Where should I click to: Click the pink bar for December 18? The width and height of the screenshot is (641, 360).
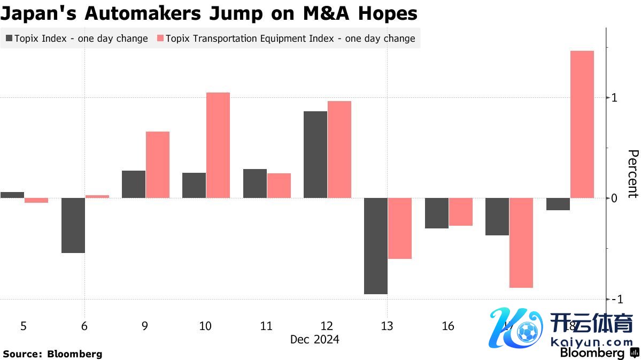click(x=582, y=124)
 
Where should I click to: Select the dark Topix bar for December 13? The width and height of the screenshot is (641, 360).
click(x=375, y=246)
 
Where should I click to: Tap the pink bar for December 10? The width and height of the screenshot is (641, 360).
click(x=218, y=145)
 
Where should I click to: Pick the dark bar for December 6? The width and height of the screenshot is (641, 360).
click(x=73, y=225)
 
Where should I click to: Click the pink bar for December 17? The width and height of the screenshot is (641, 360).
click(x=521, y=243)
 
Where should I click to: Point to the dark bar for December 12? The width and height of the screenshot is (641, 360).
click(x=315, y=155)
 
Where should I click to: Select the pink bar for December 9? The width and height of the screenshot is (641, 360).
click(x=157, y=165)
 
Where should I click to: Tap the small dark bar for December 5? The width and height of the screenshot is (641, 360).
click(x=12, y=195)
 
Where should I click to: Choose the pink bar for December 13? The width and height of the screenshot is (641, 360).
click(x=400, y=228)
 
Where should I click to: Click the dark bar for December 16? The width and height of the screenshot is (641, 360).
click(x=436, y=213)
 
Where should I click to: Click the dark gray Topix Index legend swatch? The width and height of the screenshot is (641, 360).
click(x=9, y=39)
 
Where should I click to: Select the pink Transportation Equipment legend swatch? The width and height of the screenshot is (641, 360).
click(x=159, y=39)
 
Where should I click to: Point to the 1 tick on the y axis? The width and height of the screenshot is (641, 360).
click(x=614, y=98)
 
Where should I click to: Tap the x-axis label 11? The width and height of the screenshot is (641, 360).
click(x=266, y=326)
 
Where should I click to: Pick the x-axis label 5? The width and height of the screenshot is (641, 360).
click(x=24, y=326)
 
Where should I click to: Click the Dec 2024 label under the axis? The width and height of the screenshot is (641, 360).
click(x=314, y=340)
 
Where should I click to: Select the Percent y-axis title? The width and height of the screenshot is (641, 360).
click(x=632, y=174)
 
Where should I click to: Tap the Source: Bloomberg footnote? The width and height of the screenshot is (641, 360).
click(x=52, y=354)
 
